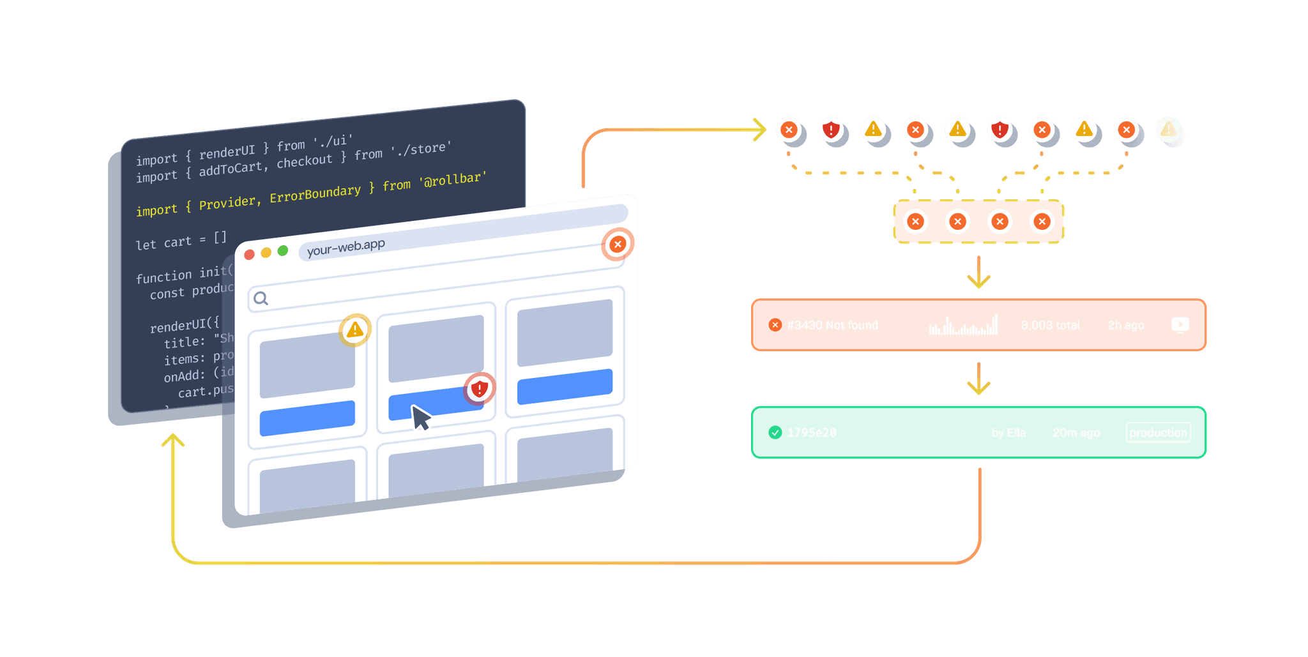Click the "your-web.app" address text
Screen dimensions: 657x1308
tap(346, 247)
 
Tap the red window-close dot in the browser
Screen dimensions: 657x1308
tap(250, 255)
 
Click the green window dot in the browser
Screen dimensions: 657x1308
tap(283, 250)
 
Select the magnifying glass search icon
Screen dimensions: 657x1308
tap(261, 298)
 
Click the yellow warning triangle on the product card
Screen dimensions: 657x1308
tap(354, 329)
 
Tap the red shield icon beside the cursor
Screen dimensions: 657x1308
tap(479, 388)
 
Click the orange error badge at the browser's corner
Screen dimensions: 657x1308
tap(618, 244)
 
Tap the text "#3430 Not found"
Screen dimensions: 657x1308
tap(832, 325)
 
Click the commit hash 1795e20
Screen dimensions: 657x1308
tap(811, 433)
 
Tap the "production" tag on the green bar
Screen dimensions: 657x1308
tap(1158, 432)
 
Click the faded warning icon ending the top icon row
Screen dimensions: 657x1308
tap(1168, 130)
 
